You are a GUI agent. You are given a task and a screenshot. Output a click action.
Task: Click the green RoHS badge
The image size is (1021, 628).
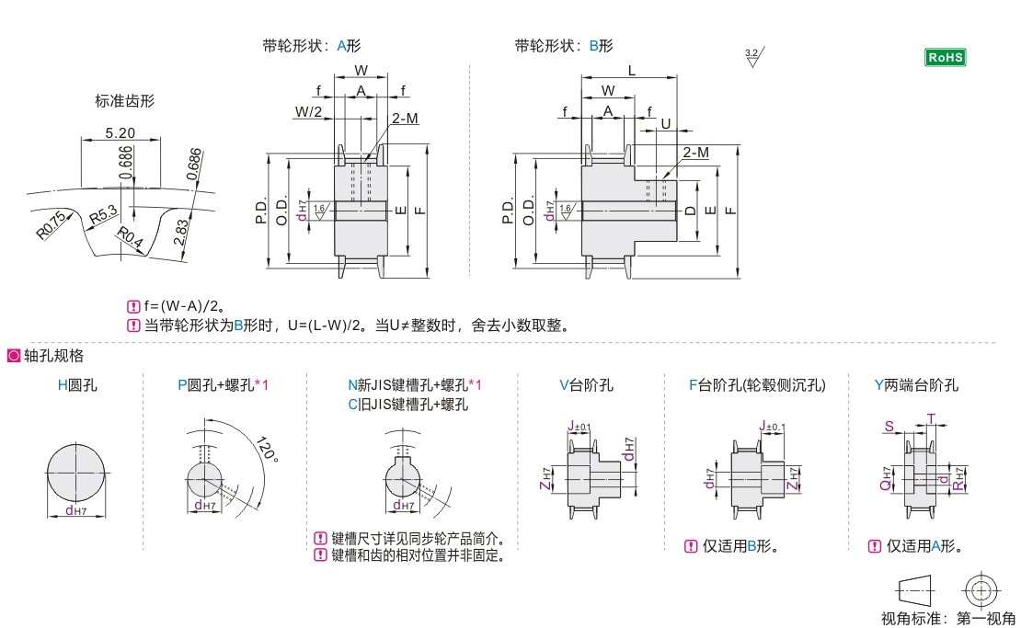pos(945,57)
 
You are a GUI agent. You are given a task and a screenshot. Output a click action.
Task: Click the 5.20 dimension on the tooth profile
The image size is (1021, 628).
pos(120,133)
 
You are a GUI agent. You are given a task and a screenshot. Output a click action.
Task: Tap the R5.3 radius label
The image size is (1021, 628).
pos(102,216)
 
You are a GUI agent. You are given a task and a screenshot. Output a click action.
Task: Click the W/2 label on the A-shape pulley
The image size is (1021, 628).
pos(308,112)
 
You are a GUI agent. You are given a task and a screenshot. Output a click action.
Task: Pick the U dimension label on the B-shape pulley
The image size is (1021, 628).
pos(665,123)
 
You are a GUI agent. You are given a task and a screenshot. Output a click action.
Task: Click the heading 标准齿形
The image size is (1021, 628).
pos(125,101)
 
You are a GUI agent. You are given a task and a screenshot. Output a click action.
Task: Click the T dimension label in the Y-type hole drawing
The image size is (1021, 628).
pos(931,419)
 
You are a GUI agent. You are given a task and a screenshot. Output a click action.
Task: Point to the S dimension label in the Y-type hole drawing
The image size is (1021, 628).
pos(889,426)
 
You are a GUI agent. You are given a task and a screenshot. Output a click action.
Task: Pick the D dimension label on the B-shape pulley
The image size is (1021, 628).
pos(690,210)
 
